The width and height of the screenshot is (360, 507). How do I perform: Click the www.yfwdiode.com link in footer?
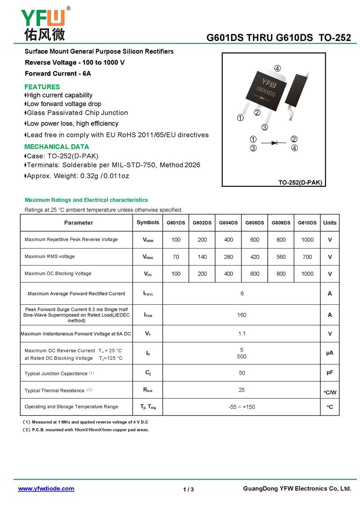46,489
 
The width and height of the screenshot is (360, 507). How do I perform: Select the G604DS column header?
228,223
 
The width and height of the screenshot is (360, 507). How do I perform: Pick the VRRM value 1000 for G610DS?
307,240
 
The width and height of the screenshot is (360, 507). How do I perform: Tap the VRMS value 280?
228,257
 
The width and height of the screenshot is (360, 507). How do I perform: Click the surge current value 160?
242,315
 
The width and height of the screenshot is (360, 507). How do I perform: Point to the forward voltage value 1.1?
242,334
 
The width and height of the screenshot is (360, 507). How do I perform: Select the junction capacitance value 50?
242,373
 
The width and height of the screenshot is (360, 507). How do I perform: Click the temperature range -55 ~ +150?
242,407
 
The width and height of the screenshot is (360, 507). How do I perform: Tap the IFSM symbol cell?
148,315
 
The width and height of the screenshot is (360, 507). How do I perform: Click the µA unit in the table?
330,353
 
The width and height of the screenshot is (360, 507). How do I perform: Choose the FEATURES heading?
42,87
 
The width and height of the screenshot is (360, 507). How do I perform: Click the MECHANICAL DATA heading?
57,147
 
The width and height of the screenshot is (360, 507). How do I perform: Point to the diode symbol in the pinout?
273,143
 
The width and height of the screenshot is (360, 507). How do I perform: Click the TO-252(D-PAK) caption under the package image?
300,182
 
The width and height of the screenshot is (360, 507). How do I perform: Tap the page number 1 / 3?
189,489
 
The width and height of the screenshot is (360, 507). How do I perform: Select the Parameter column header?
78,223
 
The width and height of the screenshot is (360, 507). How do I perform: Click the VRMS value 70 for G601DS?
175,257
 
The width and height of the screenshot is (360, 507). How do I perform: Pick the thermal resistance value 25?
242,389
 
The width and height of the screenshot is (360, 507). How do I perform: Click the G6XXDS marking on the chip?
266,89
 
